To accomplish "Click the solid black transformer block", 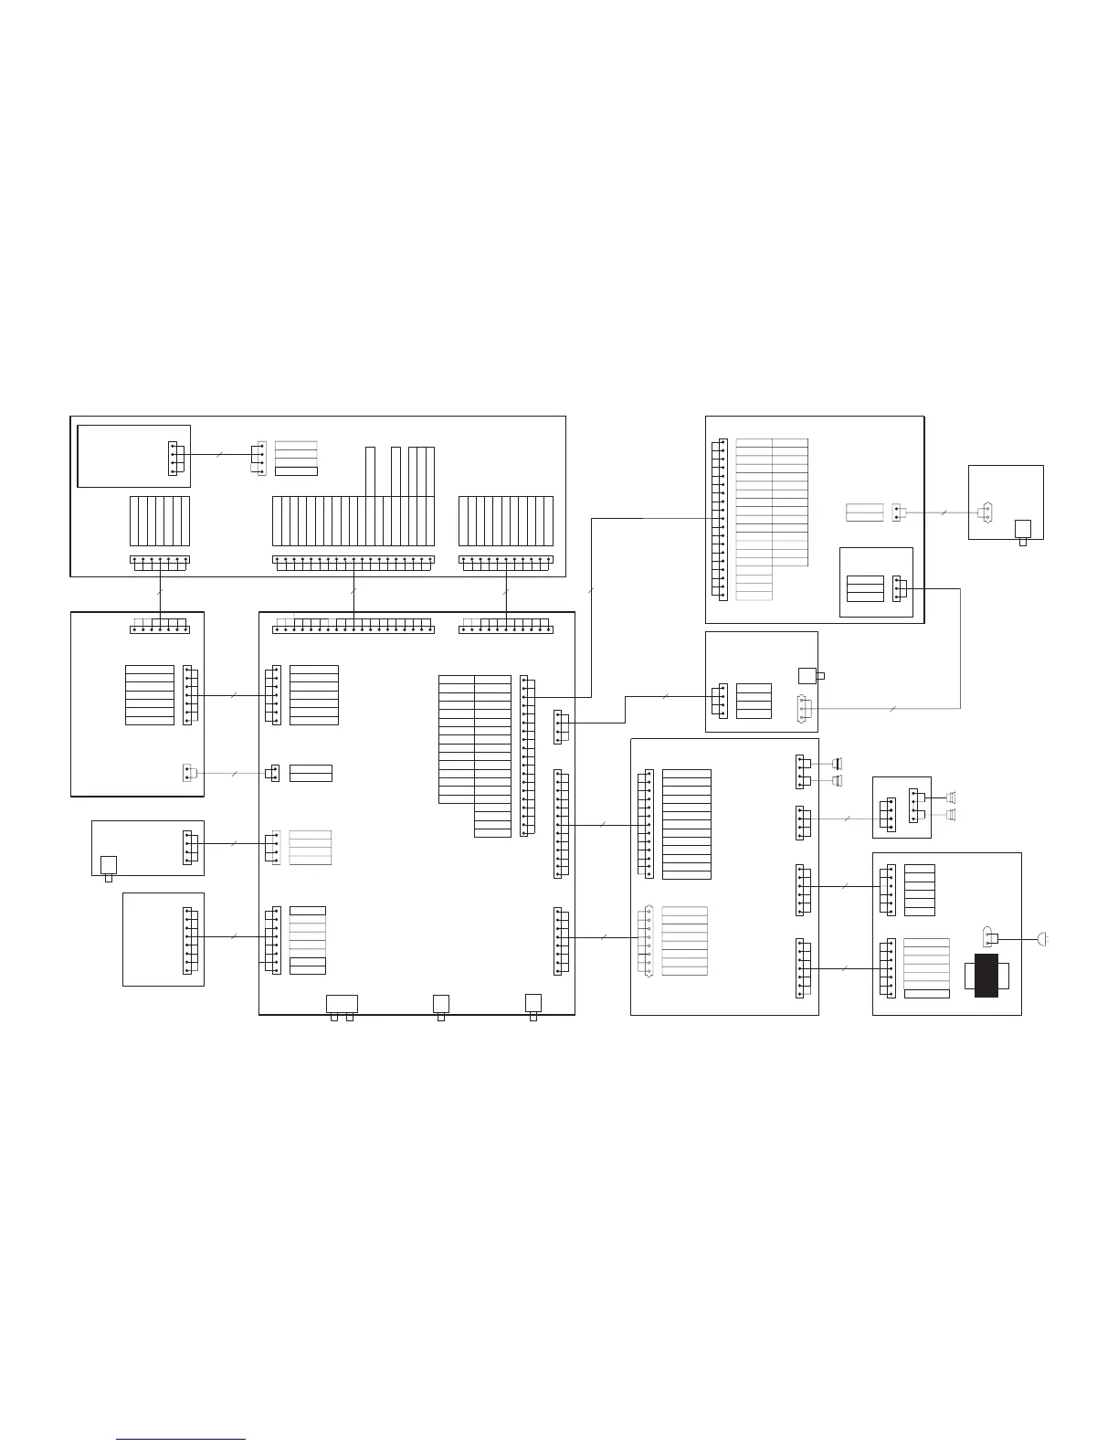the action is [x=986, y=976].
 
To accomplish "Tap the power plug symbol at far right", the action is [x=1043, y=938].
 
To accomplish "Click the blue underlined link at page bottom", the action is [x=181, y=1439].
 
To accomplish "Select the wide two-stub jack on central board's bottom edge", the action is [x=342, y=1003].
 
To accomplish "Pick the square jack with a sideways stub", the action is [x=807, y=676].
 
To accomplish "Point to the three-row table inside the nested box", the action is [x=865, y=589].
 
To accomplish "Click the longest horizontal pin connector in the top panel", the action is [x=353, y=560].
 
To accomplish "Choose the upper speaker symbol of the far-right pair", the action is [x=951, y=796].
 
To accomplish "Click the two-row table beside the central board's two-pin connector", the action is [x=311, y=773].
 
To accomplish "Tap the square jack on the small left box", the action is [x=109, y=864].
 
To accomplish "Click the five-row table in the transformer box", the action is [x=920, y=890].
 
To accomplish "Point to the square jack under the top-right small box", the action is [x=1023, y=530].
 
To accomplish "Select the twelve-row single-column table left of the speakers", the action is [x=686, y=825].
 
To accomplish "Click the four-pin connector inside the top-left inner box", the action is [x=176, y=458].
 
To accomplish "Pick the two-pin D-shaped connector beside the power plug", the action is [x=987, y=936].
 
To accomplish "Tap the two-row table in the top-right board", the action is [x=864, y=512].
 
